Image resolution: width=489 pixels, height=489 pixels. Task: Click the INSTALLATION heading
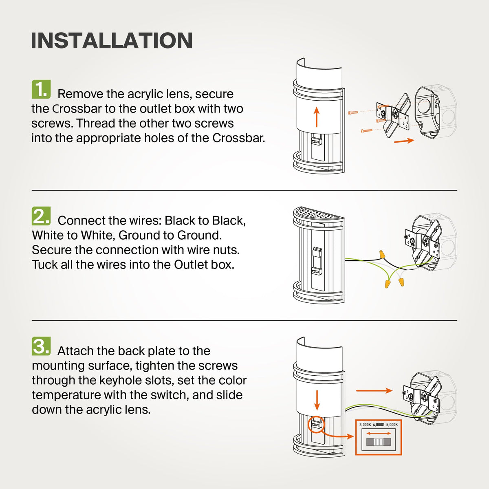click(112, 41)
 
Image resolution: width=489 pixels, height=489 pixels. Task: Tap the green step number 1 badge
click(41, 89)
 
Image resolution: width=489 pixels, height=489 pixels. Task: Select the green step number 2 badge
click(41, 216)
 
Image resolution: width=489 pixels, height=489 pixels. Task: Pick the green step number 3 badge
click(41, 346)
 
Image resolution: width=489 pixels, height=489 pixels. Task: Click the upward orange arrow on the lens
click(316, 117)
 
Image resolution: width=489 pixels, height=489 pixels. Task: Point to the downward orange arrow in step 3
click(317, 400)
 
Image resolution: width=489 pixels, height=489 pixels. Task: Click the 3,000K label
click(365, 425)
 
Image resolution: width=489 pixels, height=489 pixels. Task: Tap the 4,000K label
click(379, 425)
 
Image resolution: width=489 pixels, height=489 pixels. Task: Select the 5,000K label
click(392, 425)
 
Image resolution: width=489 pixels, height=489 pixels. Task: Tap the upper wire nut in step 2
click(381, 254)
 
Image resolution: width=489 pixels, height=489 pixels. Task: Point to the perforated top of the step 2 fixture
click(319, 213)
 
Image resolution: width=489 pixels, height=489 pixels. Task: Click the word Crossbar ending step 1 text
click(238, 138)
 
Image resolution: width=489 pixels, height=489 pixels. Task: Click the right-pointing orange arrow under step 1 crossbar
click(404, 141)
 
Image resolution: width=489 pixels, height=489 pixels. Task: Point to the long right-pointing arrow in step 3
click(374, 390)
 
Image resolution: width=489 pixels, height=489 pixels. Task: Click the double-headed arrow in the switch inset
click(379, 434)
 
